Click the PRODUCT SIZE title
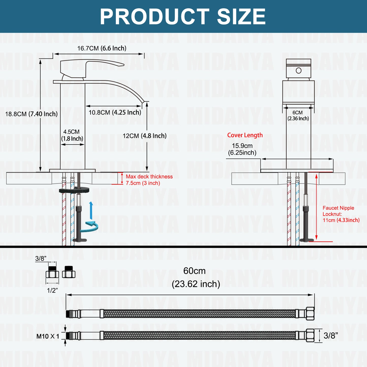coord(183,17)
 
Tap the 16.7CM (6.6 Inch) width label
coord(102,48)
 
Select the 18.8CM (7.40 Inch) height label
coord(31,114)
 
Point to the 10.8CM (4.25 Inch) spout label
coord(115,113)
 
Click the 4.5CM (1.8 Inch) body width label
coord(72,135)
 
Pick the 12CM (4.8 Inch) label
coord(145,136)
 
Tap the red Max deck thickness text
coord(149,180)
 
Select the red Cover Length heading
coord(245,135)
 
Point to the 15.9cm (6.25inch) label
coord(242,149)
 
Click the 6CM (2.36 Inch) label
coord(298,116)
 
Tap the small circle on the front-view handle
coord(299,71)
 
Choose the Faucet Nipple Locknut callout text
coord(341,214)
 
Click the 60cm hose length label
coord(194,271)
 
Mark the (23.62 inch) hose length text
coord(196,284)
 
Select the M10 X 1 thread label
coord(48,336)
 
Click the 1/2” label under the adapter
coord(52,290)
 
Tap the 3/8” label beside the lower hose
coord(331,336)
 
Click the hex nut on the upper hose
coord(310,314)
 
